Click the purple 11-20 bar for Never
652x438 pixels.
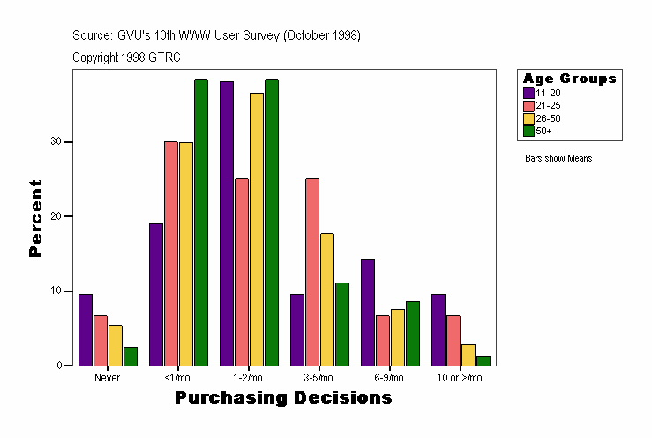coord(86,329)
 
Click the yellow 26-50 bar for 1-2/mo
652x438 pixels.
coord(257,229)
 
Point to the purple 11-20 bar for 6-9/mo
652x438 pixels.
coord(368,312)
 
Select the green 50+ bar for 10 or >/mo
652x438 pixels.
coord(483,360)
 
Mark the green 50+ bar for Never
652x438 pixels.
coord(131,356)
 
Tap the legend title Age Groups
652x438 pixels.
coord(569,79)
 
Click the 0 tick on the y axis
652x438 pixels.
coord(58,366)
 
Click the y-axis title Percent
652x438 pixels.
coord(36,218)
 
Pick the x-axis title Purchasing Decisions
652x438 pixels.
coord(283,398)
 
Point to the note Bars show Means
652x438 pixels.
coord(558,158)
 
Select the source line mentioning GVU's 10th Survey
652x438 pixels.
coord(216,35)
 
